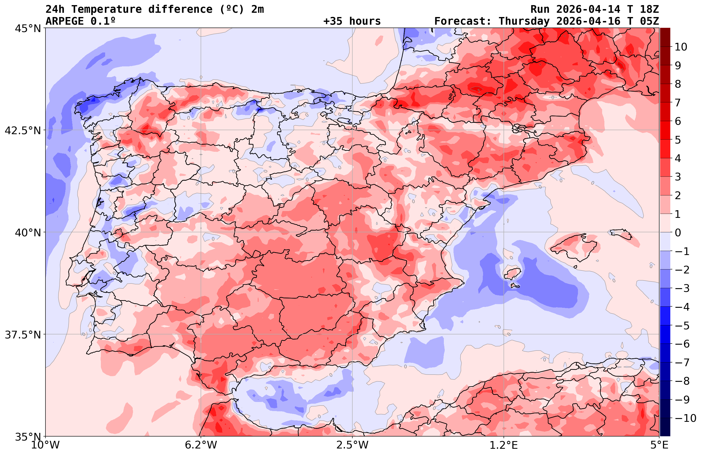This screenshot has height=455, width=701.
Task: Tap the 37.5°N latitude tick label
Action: point(23,335)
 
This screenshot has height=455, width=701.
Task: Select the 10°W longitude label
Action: point(45,445)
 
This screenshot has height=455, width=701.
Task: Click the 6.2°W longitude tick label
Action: point(201,445)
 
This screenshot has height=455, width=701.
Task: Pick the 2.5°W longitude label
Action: point(353,445)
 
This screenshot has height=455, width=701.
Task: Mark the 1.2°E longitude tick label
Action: point(504,445)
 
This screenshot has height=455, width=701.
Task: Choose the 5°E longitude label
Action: point(659,445)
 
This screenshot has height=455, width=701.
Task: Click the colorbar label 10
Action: point(681,47)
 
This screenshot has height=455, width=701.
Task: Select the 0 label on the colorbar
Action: point(678,233)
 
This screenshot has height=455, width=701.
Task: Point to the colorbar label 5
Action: point(678,140)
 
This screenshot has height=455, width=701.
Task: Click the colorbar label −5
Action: point(682,326)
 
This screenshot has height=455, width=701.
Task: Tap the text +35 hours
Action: point(352,21)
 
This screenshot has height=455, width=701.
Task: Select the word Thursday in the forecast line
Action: point(524,21)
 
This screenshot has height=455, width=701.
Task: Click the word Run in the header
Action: point(540,9)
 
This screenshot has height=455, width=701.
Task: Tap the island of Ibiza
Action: point(513,273)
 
